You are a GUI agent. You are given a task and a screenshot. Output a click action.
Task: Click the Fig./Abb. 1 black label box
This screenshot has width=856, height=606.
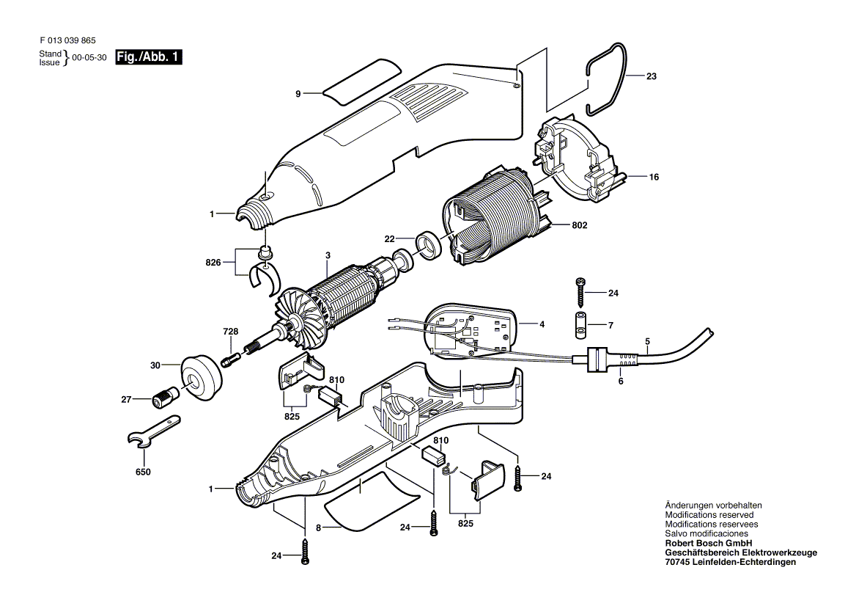pyautogui.click(x=149, y=56)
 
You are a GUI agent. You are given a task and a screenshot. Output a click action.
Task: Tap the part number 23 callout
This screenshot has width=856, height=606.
pyautogui.click(x=652, y=76)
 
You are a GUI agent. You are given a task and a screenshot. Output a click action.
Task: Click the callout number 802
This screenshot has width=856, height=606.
pyautogui.click(x=580, y=225)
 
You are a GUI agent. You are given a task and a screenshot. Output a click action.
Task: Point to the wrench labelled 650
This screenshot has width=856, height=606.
pyautogui.click(x=152, y=431)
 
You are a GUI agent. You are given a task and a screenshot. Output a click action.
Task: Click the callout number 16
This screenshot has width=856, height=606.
pyautogui.click(x=654, y=177)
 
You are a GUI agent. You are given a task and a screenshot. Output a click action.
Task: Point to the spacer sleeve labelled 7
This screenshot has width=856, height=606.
pyautogui.click(x=580, y=326)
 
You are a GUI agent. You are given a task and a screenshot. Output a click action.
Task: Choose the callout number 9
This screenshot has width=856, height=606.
pyautogui.click(x=298, y=94)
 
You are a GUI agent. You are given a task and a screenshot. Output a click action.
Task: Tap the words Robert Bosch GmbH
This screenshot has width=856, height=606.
pyautogui.click(x=709, y=543)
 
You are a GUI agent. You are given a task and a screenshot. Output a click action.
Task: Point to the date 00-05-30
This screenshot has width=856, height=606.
pyautogui.click(x=89, y=58)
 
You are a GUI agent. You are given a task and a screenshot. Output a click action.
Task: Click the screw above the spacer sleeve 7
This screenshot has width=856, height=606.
pyautogui.click(x=580, y=293)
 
